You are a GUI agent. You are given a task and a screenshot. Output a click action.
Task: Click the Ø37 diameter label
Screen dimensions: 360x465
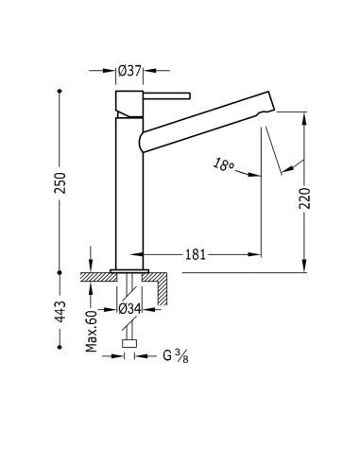click(129, 71)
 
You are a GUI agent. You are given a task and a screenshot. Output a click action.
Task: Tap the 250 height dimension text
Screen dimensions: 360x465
click(60, 183)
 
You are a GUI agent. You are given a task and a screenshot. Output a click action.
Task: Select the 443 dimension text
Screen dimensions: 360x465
click(60, 312)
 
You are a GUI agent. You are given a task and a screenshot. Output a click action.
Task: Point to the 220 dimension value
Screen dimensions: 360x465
click(304, 198)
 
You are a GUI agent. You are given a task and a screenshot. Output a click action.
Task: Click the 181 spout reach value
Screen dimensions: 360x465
click(196, 254)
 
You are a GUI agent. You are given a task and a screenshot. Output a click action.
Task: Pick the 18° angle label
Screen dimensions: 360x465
click(223, 164)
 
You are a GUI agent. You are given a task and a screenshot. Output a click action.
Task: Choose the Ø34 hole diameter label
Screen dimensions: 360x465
click(129, 309)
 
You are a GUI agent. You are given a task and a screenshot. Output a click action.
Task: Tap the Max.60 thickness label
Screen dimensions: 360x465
click(92, 331)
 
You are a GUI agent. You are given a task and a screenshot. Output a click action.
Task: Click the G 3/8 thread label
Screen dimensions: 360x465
click(176, 356)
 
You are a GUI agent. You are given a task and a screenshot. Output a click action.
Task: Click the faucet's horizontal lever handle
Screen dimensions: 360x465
click(167, 95)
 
